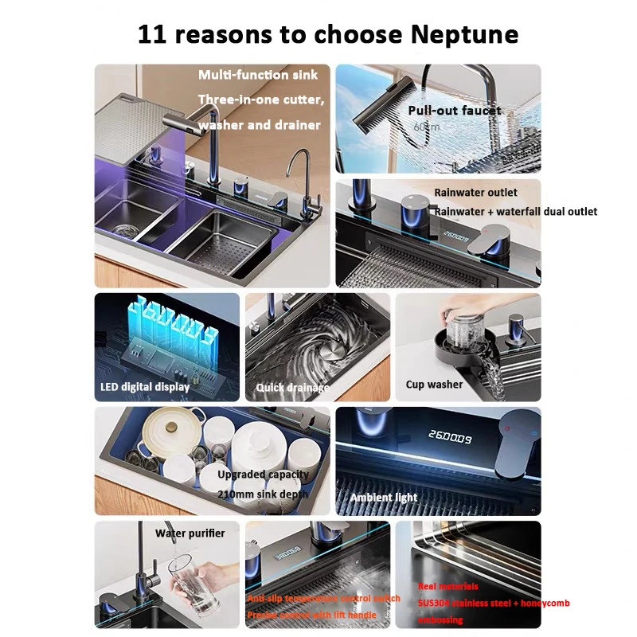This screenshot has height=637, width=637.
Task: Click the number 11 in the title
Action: coord(154,34)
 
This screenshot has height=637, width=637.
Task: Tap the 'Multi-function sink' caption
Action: coord(258,75)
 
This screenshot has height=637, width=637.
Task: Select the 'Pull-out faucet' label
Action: coord(455,111)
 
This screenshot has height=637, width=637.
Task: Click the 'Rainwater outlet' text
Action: coord(475,193)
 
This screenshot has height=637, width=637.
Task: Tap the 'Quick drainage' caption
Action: coord(292,388)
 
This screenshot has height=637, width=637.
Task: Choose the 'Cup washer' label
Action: coord(434,385)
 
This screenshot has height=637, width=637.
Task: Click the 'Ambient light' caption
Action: coord(384,498)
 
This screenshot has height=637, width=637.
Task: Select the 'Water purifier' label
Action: coord(190,533)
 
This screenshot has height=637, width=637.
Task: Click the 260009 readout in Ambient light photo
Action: coord(451,438)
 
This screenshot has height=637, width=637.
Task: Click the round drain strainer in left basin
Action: coord(125,230)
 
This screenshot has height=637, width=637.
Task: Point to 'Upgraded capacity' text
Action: coord(263,475)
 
